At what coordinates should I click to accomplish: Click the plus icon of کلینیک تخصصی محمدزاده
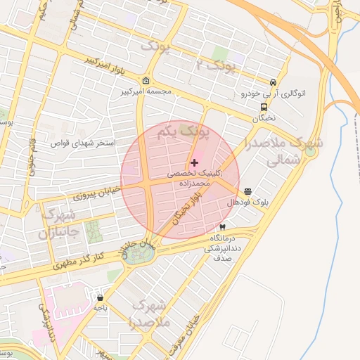pos(195,162)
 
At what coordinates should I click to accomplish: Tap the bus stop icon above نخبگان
pos(264,108)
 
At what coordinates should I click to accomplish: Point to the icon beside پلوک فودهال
pos(248,191)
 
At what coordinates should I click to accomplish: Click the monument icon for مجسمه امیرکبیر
pos(146,80)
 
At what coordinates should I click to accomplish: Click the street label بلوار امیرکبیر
pos(105,67)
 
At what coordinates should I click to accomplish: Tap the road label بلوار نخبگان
pos(184,209)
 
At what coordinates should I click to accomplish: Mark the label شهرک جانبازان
pos(49,224)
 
